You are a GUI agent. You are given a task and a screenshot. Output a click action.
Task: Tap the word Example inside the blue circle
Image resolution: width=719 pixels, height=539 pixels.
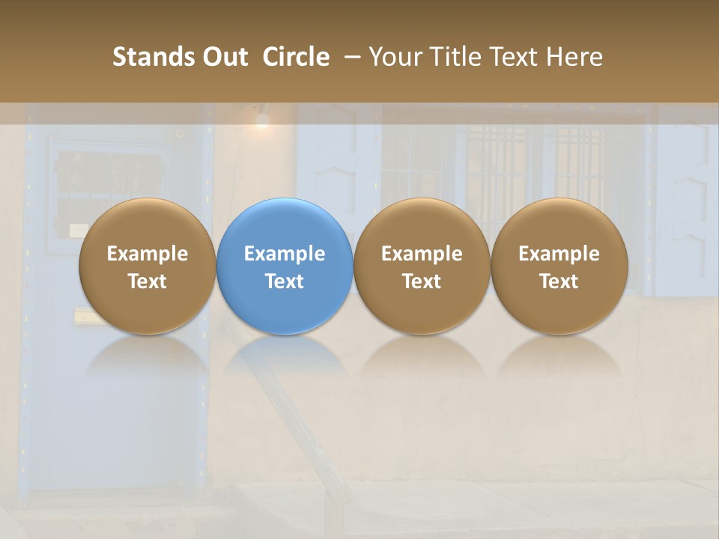[285, 254]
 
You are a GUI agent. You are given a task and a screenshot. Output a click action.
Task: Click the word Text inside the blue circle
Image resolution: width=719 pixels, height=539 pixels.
[285, 281]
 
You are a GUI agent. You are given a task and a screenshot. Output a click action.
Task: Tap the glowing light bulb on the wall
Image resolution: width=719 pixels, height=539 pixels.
[261, 119]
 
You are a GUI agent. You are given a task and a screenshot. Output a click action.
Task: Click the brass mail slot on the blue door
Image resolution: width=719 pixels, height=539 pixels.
[88, 317]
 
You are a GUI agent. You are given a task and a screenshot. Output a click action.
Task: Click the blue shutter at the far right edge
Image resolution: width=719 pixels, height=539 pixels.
[685, 202]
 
